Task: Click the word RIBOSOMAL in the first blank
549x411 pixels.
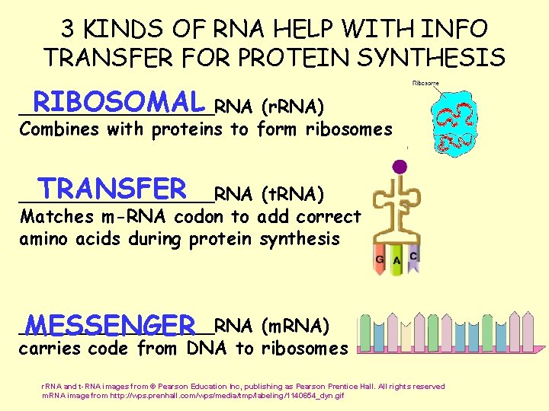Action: [119, 101]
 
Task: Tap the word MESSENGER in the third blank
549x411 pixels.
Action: [111, 325]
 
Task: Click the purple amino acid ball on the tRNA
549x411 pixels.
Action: [399, 167]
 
